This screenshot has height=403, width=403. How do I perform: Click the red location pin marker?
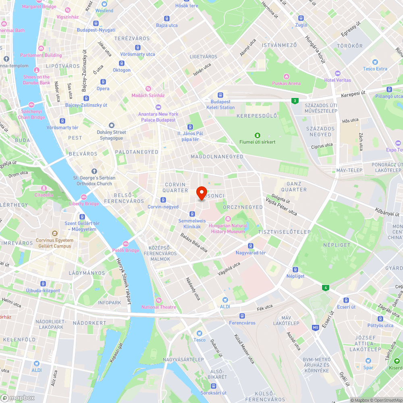[201, 193]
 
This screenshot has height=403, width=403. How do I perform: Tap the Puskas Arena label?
[286, 83]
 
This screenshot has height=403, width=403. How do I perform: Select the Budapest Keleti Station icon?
[220, 95]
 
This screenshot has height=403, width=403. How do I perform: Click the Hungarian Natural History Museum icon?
[228, 219]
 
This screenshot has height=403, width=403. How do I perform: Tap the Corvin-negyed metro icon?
[163, 200]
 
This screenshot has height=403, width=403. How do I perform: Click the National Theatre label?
[158, 307]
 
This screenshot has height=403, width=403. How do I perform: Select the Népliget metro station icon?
[295, 270]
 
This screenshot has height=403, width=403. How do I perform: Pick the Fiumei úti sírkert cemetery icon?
[257, 135]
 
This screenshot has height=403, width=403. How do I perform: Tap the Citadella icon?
[44, 188]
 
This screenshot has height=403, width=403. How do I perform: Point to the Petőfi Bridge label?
[126, 250]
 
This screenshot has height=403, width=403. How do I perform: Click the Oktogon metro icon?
[121, 63]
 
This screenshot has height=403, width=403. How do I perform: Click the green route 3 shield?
[295, 101]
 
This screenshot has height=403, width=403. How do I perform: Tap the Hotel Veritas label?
[338, 80]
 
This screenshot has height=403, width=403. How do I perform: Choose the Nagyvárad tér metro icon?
[251, 246]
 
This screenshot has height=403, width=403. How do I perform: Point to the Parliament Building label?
[41, 55]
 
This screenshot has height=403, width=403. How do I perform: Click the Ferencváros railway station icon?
[242, 316]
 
